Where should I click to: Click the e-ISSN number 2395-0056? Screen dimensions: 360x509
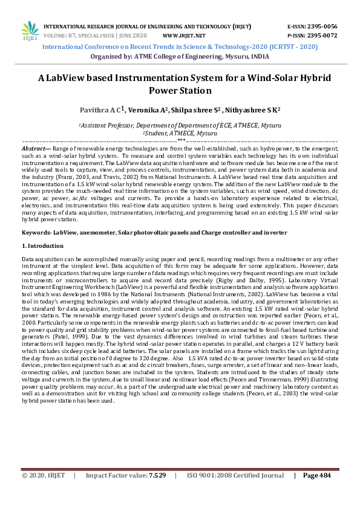point(323,27)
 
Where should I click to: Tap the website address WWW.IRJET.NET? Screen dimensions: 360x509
point(184,35)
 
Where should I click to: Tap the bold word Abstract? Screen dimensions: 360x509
point(34,148)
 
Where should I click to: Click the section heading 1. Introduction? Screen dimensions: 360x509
point(42,246)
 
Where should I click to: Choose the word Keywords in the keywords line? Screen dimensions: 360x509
point(35,232)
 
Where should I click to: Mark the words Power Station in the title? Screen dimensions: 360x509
point(180,91)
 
